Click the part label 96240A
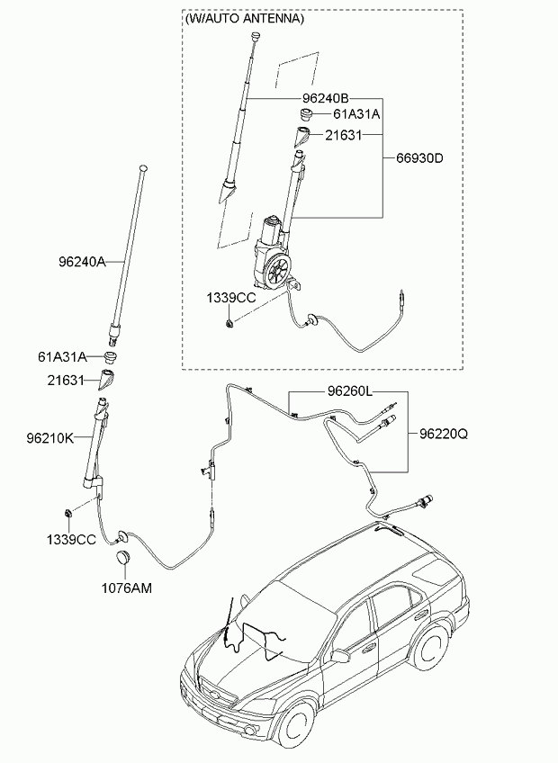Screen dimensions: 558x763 [x=82, y=262]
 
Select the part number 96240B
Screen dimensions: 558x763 [x=326, y=98]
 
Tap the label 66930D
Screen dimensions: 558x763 [x=419, y=158]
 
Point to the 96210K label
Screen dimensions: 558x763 [x=50, y=438]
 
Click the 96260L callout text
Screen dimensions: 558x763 [x=349, y=391]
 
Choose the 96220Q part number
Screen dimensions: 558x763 [x=444, y=434]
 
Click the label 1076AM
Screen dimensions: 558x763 [x=127, y=588]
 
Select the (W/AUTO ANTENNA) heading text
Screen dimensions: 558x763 [x=245, y=19]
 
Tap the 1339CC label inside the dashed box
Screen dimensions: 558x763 [x=231, y=298]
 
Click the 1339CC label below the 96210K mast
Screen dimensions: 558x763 [x=72, y=540]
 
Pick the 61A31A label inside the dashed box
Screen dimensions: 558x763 [x=356, y=114]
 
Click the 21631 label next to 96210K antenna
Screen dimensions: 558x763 [x=66, y=380]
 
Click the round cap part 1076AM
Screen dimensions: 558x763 [x=122, y=558]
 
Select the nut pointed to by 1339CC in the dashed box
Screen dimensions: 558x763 [x=229, y=323]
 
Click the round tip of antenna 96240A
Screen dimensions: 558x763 [x=143, y=168]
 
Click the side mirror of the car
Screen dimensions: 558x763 [x=340, y=657]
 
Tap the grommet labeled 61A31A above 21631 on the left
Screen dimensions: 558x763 [x=112, y=355]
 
